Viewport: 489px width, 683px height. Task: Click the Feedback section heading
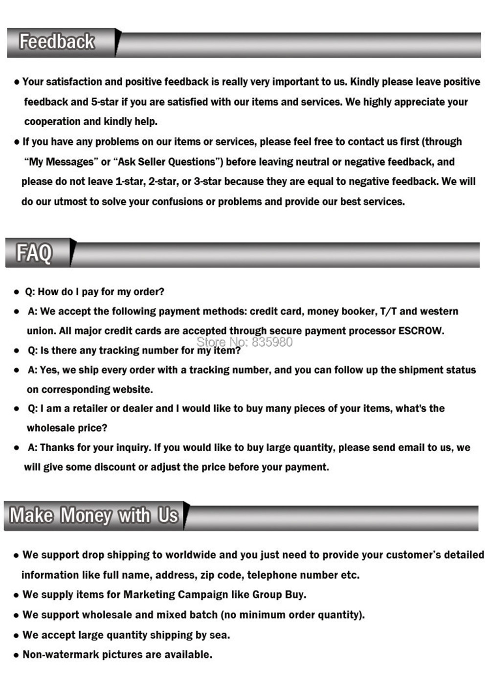(x=57, y=42)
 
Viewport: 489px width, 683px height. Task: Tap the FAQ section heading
(x=34, y=253)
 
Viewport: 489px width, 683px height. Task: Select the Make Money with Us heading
(x=94, y=515)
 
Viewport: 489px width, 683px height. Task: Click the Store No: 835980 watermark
(x=244, y=342)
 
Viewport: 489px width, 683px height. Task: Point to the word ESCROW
(x=420, y=331)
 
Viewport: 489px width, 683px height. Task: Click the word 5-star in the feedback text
(x=105, y=102)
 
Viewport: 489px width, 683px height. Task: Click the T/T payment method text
(x=388, y=311)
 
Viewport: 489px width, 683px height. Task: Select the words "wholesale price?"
(x=67, y=428)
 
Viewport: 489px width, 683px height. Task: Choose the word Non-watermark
(x=61, y=655)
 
